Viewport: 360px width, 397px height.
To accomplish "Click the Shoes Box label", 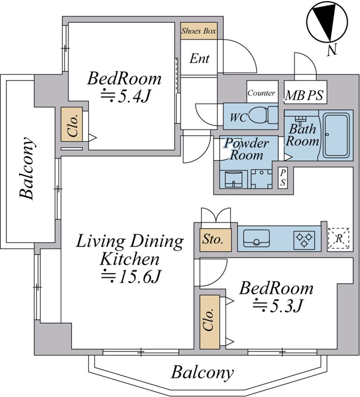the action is coord(199,31).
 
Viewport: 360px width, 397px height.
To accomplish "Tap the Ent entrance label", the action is coord(199,58).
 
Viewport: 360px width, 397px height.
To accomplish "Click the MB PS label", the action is coord(304,95).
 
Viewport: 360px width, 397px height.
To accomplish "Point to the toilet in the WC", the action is coord(263,116).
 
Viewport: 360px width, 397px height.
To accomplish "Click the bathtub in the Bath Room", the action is coord(337,135).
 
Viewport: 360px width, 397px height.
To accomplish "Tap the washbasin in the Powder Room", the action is coord(234,179).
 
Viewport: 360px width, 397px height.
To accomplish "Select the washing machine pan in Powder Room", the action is coord(261,179).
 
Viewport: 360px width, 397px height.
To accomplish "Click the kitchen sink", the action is coord(257,238).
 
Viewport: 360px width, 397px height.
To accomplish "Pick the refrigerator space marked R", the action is coord(339,238).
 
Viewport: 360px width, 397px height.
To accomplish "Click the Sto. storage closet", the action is coord(215,240).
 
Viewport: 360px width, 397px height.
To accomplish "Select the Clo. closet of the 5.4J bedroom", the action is coord(72,124).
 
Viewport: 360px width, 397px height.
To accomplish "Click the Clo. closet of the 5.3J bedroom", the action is coord(209,322).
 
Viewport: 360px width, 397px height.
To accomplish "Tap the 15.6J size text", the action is coord(131,276).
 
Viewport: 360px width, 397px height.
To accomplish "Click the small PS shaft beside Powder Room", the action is coord(283,177).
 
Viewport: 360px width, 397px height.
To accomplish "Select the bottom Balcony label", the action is coord(202,372).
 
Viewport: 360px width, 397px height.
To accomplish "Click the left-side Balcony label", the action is coord(27,168).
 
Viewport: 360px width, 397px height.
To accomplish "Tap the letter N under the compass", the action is coord(332,49).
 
